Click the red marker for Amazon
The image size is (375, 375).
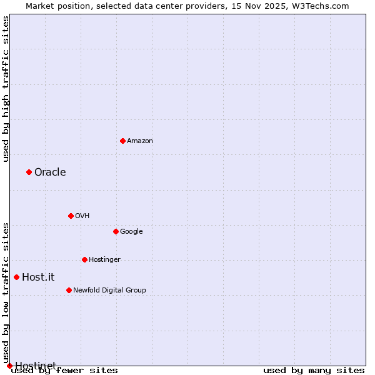(122, 141)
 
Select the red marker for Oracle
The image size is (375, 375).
(29, 172)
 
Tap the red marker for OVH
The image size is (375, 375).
(71, 216)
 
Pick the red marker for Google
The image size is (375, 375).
(116, 231)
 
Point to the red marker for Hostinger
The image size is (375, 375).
(84, 259)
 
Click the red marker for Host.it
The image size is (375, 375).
(16, 277)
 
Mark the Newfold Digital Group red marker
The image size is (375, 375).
(69, 290)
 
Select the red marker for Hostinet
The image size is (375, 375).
(9, 366)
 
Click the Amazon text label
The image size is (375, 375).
(139, 141)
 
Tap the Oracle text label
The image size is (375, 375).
(50, 172)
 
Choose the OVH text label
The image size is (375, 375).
(82, 216)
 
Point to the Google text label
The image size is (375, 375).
(131, 232)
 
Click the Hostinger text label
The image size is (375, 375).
(104, 260)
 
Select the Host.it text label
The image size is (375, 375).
(38, 277)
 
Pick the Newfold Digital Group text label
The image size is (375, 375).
(109, 291)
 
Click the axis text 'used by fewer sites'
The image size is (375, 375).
(64, 371)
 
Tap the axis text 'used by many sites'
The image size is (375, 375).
(314, 371)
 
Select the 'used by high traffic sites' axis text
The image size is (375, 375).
(6, 88)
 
